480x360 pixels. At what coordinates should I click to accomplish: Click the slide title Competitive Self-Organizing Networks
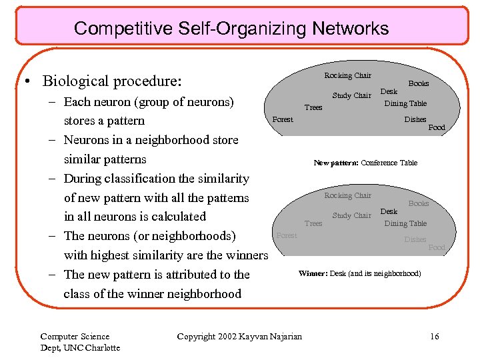tap(231, 29)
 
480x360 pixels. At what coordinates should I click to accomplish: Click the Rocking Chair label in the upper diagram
tap(347, 75)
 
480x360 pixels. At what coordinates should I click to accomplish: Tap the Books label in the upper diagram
tap(418, 83)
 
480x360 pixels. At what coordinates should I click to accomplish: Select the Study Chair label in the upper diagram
tap(351, 95)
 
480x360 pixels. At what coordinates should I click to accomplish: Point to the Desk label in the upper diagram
tap(389, 91)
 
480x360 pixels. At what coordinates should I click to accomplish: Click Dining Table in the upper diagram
tap(405, 103)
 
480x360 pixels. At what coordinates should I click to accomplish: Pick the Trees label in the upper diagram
tap(313, 107)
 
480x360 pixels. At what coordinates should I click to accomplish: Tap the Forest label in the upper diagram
tap(283, 119)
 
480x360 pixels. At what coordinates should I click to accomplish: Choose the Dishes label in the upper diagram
tap(415, 119)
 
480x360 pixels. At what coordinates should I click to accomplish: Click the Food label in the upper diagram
tap(437, 127)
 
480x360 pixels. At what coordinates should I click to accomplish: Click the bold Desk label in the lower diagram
tap(389, 211)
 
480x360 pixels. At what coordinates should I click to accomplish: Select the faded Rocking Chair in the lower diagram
tap(347, 195)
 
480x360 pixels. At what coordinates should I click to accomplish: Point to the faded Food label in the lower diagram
tap(437, 247)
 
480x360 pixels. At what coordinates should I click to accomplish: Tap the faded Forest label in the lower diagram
tap(287, 235)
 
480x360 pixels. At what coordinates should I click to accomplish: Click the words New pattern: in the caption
tap(336, 163)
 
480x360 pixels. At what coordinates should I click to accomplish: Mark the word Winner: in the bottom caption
tap(313, 273)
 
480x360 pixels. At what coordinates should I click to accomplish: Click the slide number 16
tap(435, 337)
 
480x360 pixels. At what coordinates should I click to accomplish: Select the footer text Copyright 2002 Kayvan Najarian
tap(239, 337)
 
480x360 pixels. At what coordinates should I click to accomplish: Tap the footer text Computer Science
tap(75, 337)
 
